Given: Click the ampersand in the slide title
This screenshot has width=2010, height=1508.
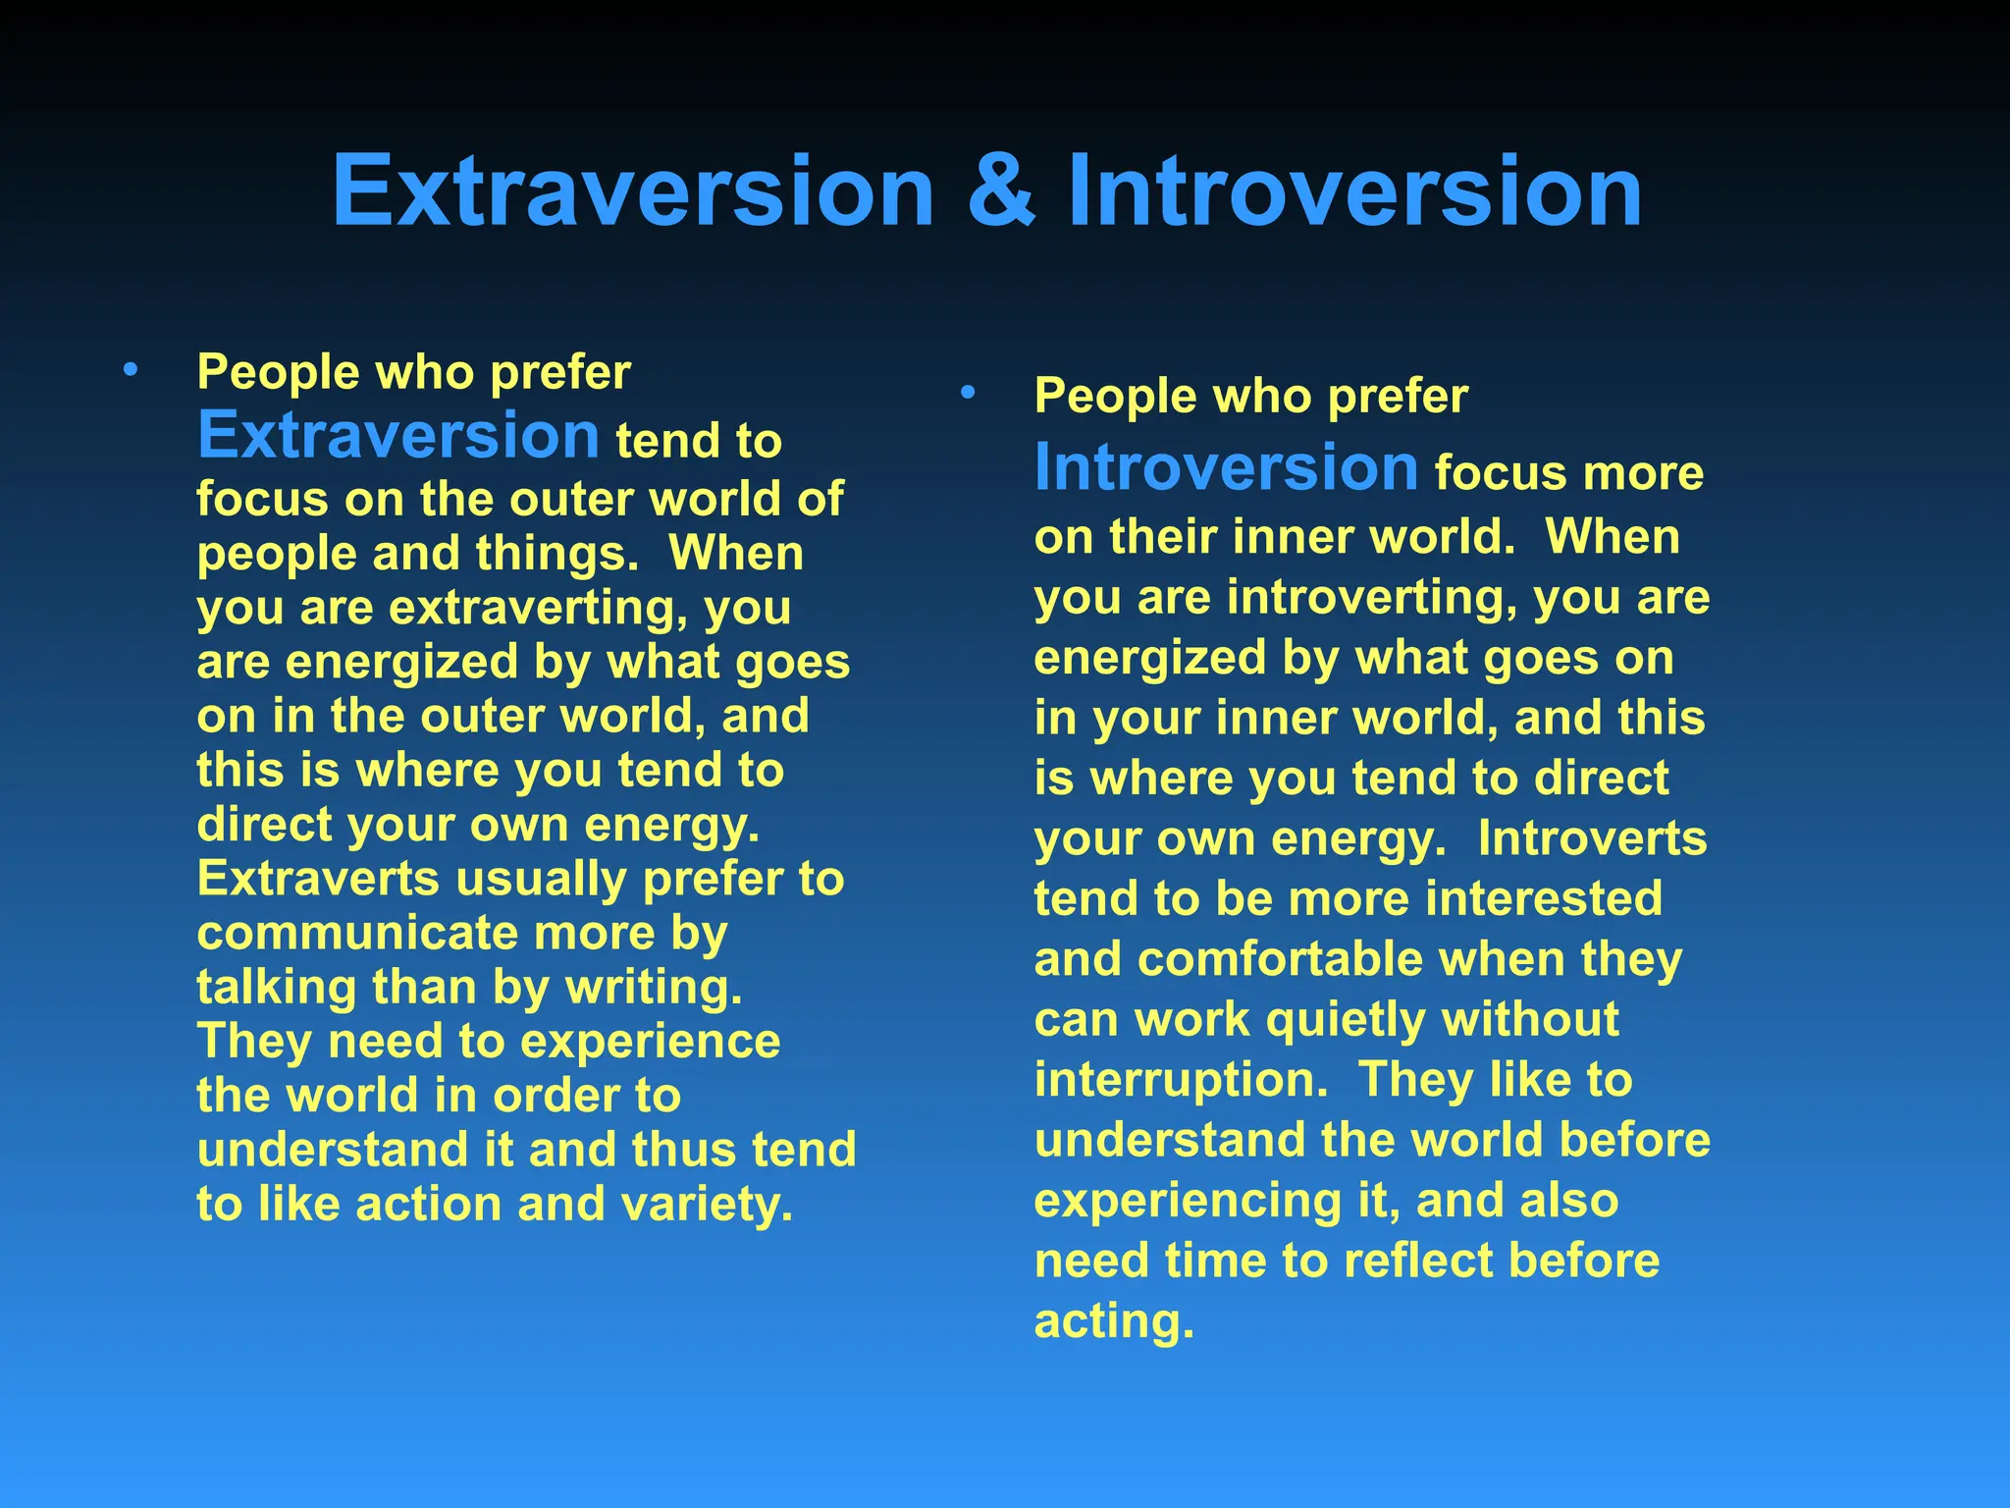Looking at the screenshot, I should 1000,191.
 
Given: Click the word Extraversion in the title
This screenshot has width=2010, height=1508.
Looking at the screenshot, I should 633,191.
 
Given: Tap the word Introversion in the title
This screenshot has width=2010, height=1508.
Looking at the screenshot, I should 1354,191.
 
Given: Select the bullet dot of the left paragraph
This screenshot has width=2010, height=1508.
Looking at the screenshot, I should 131,371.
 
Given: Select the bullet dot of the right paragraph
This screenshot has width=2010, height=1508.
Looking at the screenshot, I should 968,394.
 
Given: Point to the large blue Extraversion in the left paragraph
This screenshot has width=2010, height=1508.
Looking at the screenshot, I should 398,435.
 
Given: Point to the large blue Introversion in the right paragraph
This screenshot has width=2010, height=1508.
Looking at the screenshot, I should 1226,467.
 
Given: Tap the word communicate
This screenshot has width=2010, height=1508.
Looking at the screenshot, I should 356,933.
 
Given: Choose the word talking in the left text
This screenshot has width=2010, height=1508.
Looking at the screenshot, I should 276,988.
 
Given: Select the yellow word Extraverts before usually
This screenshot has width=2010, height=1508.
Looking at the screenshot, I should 318,879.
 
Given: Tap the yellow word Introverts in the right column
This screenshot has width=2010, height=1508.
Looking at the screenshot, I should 1592,838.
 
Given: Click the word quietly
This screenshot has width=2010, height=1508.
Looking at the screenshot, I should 1344,1020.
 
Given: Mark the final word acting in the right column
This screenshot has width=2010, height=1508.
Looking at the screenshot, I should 1114,1321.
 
